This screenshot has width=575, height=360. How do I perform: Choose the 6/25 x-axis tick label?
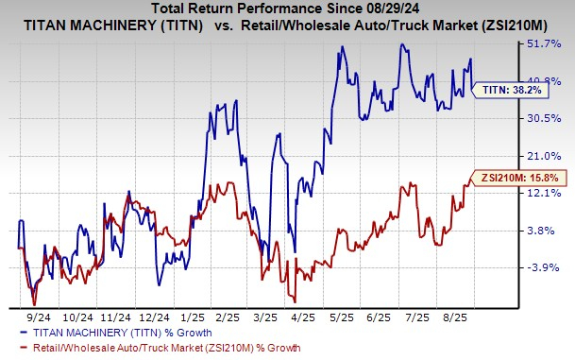pyautogui.click(x=418, y=318)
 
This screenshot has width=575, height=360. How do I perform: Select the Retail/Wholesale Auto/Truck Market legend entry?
pyautogui.click(x=140, y=348)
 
